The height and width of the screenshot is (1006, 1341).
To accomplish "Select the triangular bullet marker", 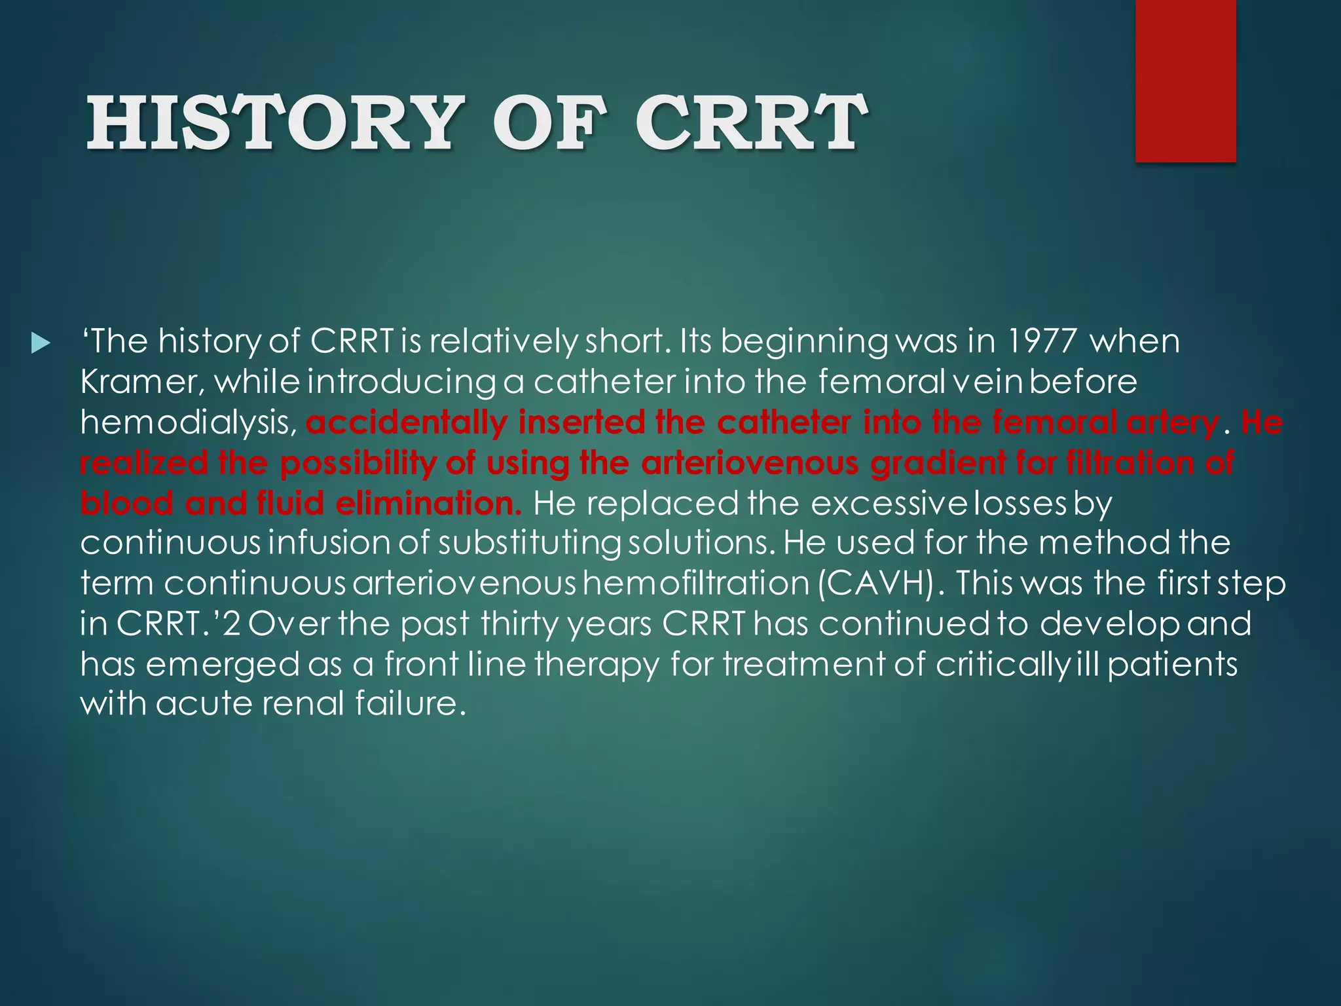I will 40,343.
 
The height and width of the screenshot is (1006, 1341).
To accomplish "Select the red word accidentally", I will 407,422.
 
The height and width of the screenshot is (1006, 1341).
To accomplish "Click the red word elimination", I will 429,503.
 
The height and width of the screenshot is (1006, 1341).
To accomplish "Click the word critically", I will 1002,665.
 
